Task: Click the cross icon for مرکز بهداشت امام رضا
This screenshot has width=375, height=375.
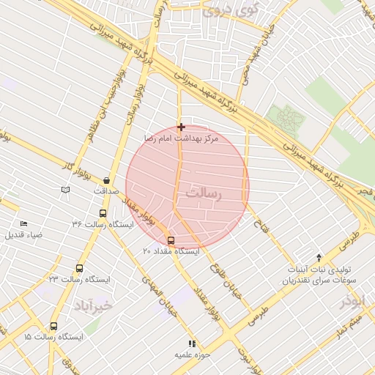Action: [x=181, y=127]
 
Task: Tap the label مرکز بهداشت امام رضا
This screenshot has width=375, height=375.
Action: [x=181, y=138]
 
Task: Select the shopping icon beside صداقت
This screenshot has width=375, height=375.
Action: [x=107, y=180]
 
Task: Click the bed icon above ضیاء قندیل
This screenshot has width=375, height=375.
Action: [x=23, y=223]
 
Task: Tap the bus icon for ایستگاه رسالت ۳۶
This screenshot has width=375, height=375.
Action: [x=102, y=214]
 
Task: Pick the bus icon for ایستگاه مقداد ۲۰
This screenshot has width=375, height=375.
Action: [x=171, y=240]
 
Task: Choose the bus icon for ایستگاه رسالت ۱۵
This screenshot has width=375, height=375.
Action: [x=53, y=327]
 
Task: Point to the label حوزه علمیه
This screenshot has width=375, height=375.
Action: [x=193, y=354]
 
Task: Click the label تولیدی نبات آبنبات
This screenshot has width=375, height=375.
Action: [x=319, y=269]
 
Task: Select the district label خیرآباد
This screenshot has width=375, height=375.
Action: [x=94, y=304]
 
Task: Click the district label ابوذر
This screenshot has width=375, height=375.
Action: [x=352, y=301]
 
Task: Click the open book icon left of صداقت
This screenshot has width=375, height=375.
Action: [x=66, y=190]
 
